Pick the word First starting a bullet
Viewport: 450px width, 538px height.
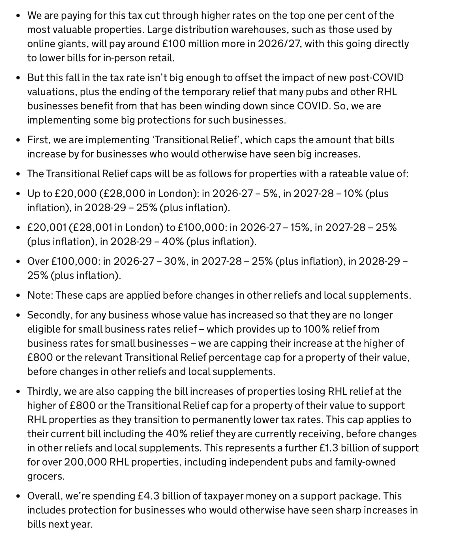point(39,140)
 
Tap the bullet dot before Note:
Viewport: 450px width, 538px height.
point(18,296)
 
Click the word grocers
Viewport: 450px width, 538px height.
point(46,476)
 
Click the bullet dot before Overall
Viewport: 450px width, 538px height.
point(18,496)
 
